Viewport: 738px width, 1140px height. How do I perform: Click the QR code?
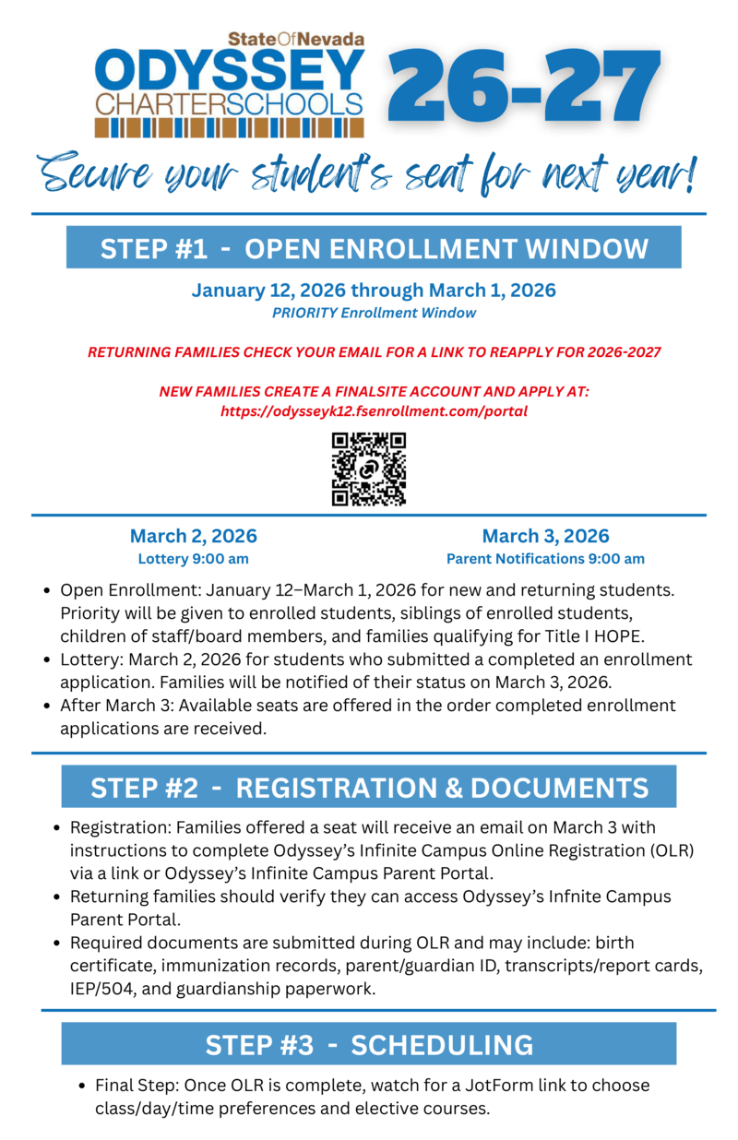click(368, 469)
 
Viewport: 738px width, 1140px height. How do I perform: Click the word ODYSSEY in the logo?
click(231, 70)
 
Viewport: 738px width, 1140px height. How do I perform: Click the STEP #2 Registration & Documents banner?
click(369, 787)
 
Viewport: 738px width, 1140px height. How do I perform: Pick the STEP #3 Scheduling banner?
click(369, 1044)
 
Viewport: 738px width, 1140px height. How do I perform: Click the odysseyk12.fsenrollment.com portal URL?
click(374, 411)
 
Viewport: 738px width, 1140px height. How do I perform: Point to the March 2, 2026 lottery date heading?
click(193, 536)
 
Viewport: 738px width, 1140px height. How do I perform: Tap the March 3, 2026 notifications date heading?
click(545, 536)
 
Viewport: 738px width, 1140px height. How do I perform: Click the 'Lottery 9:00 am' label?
click(193, 559)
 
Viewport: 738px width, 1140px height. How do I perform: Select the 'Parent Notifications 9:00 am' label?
click(545, 559)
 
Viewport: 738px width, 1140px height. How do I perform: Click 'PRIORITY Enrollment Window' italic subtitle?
click(374, 313)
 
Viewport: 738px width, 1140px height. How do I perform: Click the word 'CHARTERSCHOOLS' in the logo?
click(230, 102)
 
